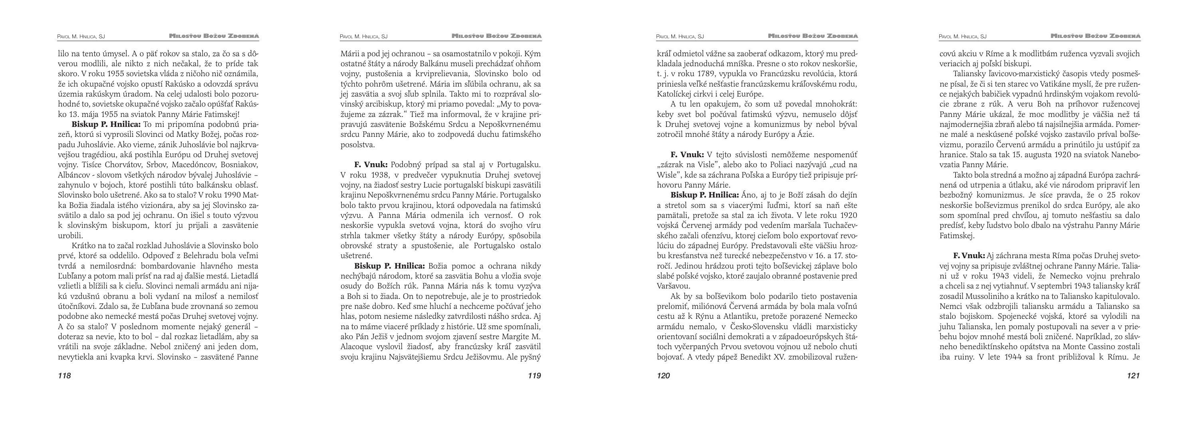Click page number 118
click(x=64, y=376)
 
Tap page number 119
click(x=534, y=376)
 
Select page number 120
click(x=663, y=376)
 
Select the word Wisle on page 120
click(x=667, y=175)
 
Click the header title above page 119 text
click(x=496, y=36)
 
